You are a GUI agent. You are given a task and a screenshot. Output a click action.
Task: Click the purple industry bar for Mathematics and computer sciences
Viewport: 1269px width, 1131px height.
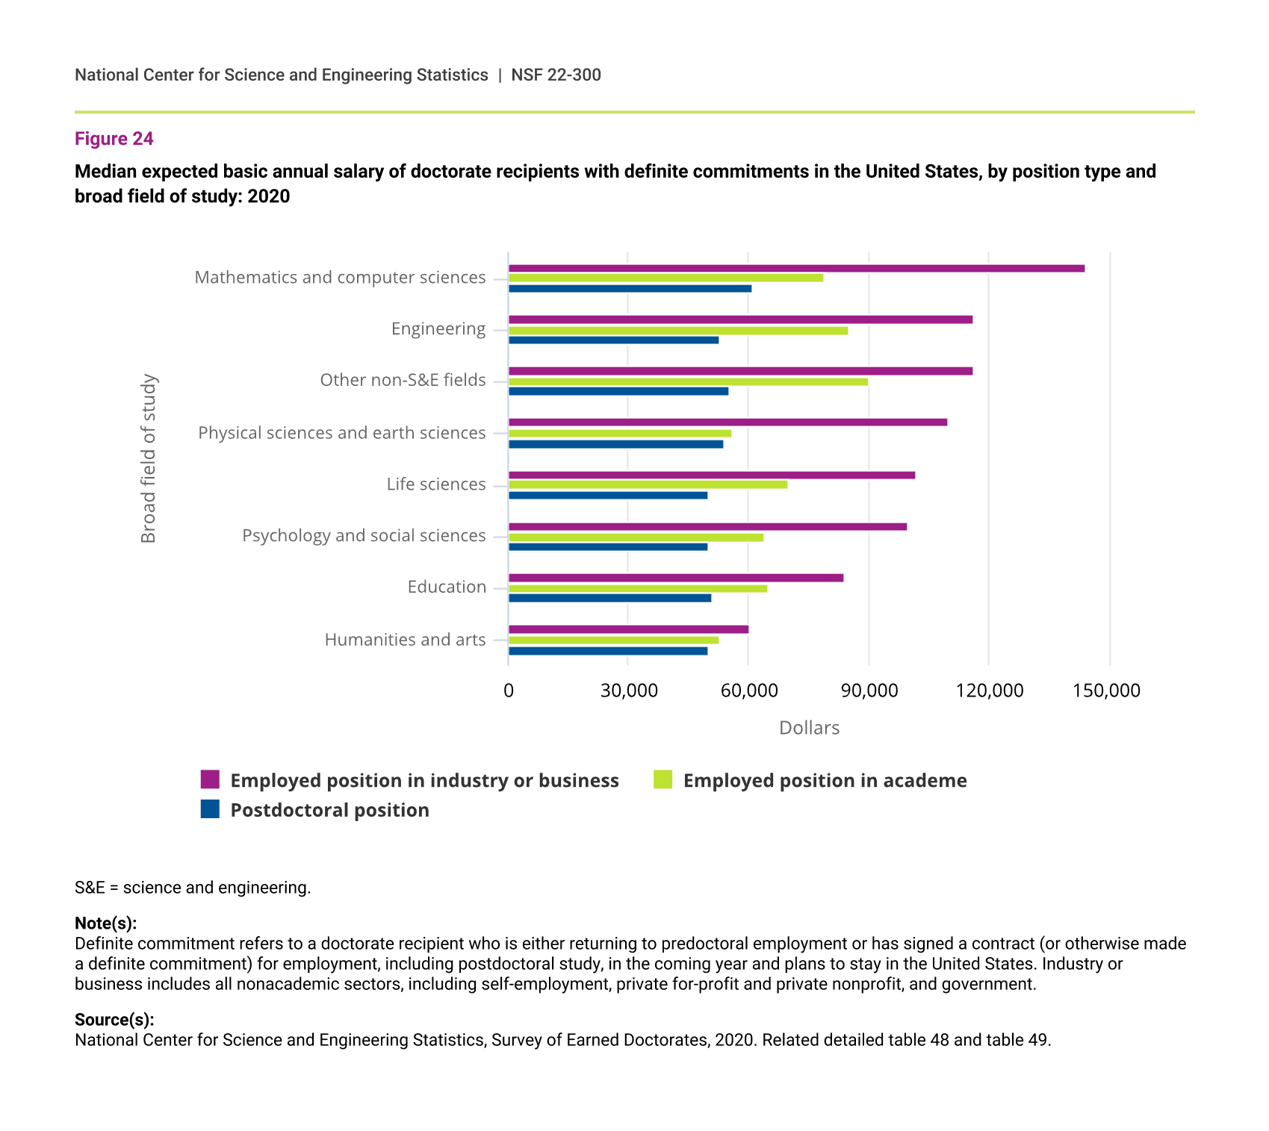(796, 269)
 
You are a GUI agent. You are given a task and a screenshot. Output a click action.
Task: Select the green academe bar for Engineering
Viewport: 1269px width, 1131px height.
(678, 331)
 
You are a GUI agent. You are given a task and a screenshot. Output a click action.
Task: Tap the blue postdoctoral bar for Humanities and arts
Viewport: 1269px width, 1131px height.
(608, 651)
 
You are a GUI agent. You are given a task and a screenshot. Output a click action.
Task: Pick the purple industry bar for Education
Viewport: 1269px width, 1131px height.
(676, 578)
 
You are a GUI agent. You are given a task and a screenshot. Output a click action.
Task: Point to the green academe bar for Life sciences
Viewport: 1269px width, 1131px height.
(648, 485)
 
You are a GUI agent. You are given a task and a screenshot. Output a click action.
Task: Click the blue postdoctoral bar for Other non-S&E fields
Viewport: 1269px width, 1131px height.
(618, 391)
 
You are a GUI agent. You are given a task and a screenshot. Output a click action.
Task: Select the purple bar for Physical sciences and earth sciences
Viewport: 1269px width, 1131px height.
(727, 423)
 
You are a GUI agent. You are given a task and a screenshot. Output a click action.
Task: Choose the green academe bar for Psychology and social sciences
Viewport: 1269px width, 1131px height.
(636, 538)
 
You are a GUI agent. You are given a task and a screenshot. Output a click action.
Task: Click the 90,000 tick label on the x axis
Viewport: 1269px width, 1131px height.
(869, 691)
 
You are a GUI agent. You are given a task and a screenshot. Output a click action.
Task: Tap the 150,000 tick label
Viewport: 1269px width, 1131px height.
(1106, 691)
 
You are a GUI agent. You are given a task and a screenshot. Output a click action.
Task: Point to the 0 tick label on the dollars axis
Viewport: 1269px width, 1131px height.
(509, 691)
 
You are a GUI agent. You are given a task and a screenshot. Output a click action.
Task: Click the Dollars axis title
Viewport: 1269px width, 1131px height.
(809, 728)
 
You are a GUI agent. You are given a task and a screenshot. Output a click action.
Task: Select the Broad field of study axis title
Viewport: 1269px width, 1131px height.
(149, 458)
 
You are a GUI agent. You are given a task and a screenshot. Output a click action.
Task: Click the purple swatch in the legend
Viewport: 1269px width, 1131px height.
(210, 779)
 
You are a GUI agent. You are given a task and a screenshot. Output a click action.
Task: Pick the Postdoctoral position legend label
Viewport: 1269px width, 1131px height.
(329, 810)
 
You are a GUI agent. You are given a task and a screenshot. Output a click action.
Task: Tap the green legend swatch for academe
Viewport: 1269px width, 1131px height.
(663, 779)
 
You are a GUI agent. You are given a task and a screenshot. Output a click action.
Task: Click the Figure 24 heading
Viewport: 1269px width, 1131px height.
(114, 139)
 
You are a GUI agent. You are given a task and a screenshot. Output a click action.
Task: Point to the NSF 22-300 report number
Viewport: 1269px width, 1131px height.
(556, 75)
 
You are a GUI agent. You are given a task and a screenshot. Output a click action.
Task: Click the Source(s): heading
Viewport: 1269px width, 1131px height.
(114, 1020)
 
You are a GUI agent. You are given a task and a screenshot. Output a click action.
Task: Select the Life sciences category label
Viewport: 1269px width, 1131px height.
(436, 485)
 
